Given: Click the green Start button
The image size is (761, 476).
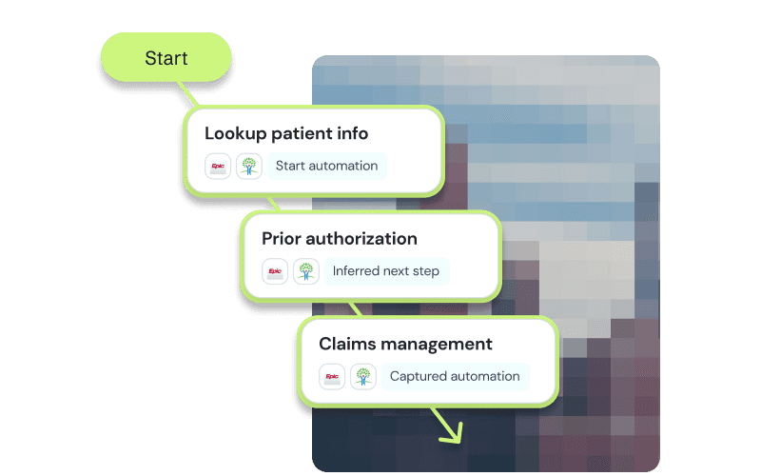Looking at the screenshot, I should point(166,58).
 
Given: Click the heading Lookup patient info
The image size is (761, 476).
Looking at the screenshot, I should point(286,133).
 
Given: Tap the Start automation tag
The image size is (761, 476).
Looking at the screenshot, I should point(326,166).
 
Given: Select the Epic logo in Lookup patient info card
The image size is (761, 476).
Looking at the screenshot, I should point(219,166).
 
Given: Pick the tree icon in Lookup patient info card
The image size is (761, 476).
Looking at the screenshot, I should point(249,166).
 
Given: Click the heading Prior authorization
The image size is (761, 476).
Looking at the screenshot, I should point(340,238).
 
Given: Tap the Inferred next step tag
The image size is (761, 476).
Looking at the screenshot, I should point(385,271).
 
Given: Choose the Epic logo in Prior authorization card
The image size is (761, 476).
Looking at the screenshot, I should point(276,271).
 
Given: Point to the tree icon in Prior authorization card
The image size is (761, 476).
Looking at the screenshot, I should point(306,271).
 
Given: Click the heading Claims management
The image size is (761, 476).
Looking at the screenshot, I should point(405,344).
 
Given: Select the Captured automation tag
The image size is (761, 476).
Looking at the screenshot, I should point(454,376).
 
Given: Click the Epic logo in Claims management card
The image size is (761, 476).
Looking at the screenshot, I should point(333,376).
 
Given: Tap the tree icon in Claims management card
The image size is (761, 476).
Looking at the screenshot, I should point(363,376).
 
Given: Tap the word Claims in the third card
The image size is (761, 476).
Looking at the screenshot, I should point(346,344).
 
